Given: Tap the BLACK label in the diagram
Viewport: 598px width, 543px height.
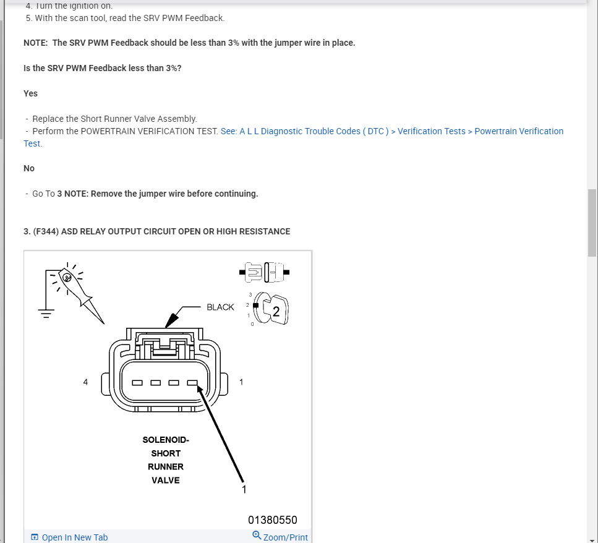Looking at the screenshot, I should tap(220, 307).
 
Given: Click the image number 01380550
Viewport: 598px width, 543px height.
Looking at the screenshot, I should tap(273, 520).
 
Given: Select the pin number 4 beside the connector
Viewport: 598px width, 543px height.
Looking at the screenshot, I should tap(85, 382).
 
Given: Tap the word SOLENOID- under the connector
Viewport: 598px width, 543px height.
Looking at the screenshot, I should tap(166, 440).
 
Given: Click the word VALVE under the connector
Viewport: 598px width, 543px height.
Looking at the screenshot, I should tap(166, 480).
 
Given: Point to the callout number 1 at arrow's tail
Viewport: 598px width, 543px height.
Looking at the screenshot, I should tap(244, 489).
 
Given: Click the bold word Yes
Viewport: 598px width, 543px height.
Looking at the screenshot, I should tap(30, 93).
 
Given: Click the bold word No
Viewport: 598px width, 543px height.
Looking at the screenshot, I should tap(29, 168).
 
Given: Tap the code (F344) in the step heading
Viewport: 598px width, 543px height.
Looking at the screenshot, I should tap(45, 231).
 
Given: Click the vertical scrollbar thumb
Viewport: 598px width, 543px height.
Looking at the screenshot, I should tap(592, 223).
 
